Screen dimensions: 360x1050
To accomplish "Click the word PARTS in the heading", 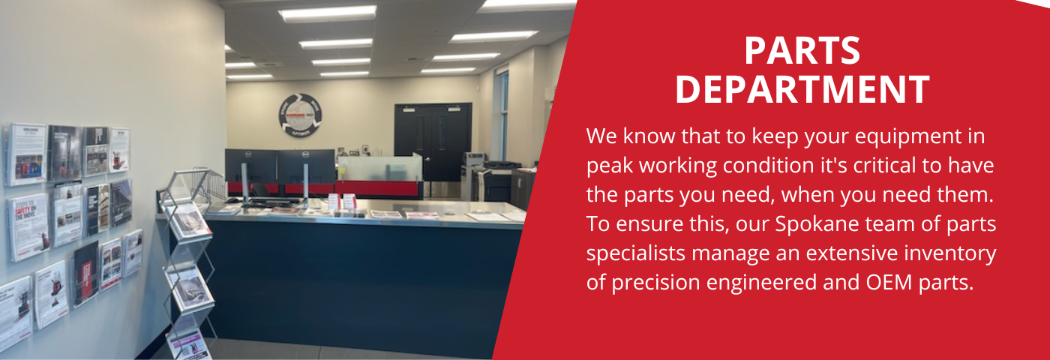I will (x=802, y=52).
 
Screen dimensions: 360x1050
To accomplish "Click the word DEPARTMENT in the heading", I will (x=802, y=89).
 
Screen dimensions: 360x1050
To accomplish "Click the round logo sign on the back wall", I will (x=300, y=115).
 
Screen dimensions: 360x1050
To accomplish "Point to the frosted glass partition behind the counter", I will (x=379, y=168).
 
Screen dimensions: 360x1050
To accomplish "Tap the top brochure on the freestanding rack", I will (x=187, y=220).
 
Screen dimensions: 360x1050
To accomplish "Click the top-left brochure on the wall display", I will (x=26, y=154).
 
